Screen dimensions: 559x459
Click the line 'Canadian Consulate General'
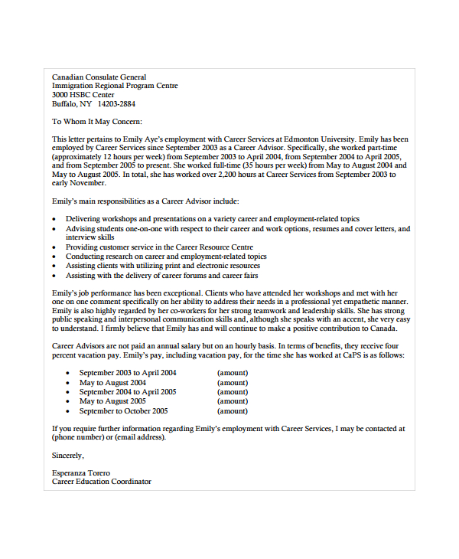click(x=99, y=77)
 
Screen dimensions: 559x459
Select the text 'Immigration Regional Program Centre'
click(x=115, y=86)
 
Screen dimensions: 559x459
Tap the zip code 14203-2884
click(x=116, y=103)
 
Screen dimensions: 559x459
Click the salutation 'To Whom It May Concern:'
click(x=97, y=121)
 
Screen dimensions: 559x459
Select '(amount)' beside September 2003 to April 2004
click(x=233, y=373)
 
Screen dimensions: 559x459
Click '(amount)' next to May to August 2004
click(x=233, y=382)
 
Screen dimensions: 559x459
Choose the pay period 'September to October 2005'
click(x=125, y=410)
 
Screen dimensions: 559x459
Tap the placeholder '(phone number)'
click(x=77, y=437)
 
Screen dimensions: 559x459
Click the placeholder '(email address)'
click(x=140, y=437)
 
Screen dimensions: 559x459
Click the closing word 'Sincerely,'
click(x=69, y=455)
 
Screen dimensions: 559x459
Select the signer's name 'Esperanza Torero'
click(x=81, y=472)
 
